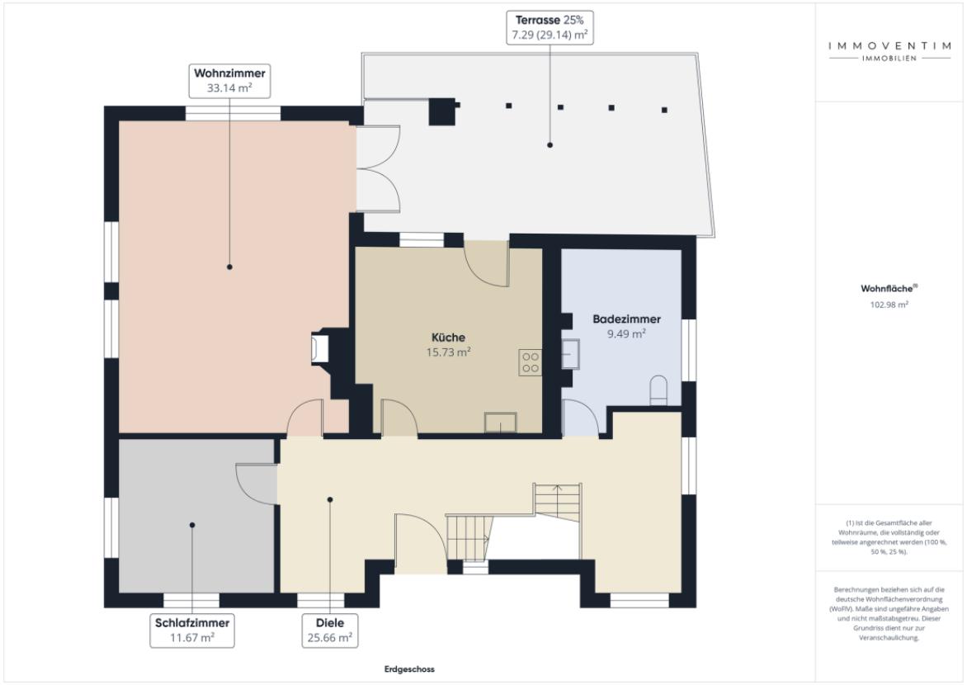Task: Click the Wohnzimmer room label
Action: click(229, 73)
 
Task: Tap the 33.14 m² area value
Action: click(229, 88)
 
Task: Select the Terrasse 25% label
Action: click(550, 20)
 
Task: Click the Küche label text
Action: click(448, 338)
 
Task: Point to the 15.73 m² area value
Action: click(448, 352)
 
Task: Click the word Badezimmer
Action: click(626, 319)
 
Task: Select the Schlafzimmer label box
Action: click(192, 630)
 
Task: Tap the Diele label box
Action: click(330, 630)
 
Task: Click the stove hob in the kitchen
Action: click(531, 363)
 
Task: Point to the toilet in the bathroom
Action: click(658, 390)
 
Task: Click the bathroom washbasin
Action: click(570, 354)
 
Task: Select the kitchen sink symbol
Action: click(500, 423)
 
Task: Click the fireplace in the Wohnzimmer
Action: click(319, 348)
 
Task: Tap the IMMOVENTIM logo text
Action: click(889, 45)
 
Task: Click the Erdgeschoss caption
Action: click(409, 669)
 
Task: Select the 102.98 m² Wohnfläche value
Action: click(889, 305)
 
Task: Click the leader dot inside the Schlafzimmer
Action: click(192, 525)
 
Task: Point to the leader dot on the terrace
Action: click(550, 145)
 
